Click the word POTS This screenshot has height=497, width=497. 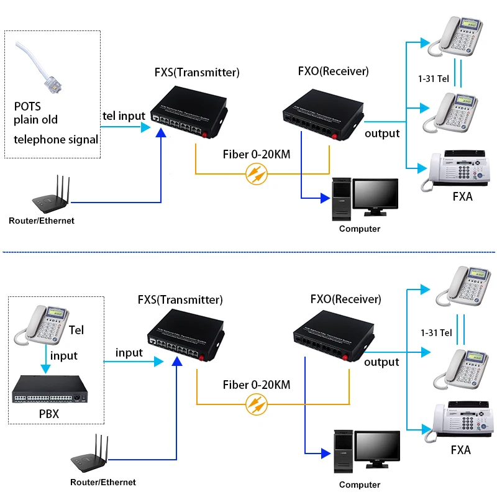[x=27, y=107]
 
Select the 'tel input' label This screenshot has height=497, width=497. [x=124, y=116]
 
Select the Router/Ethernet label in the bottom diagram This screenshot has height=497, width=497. [x=103, y=482]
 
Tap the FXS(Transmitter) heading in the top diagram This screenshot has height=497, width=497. [x=197, y=72]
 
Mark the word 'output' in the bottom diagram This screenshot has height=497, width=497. [x=381, y=362]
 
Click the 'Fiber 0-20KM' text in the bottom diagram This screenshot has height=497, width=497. [x=257, y=385]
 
